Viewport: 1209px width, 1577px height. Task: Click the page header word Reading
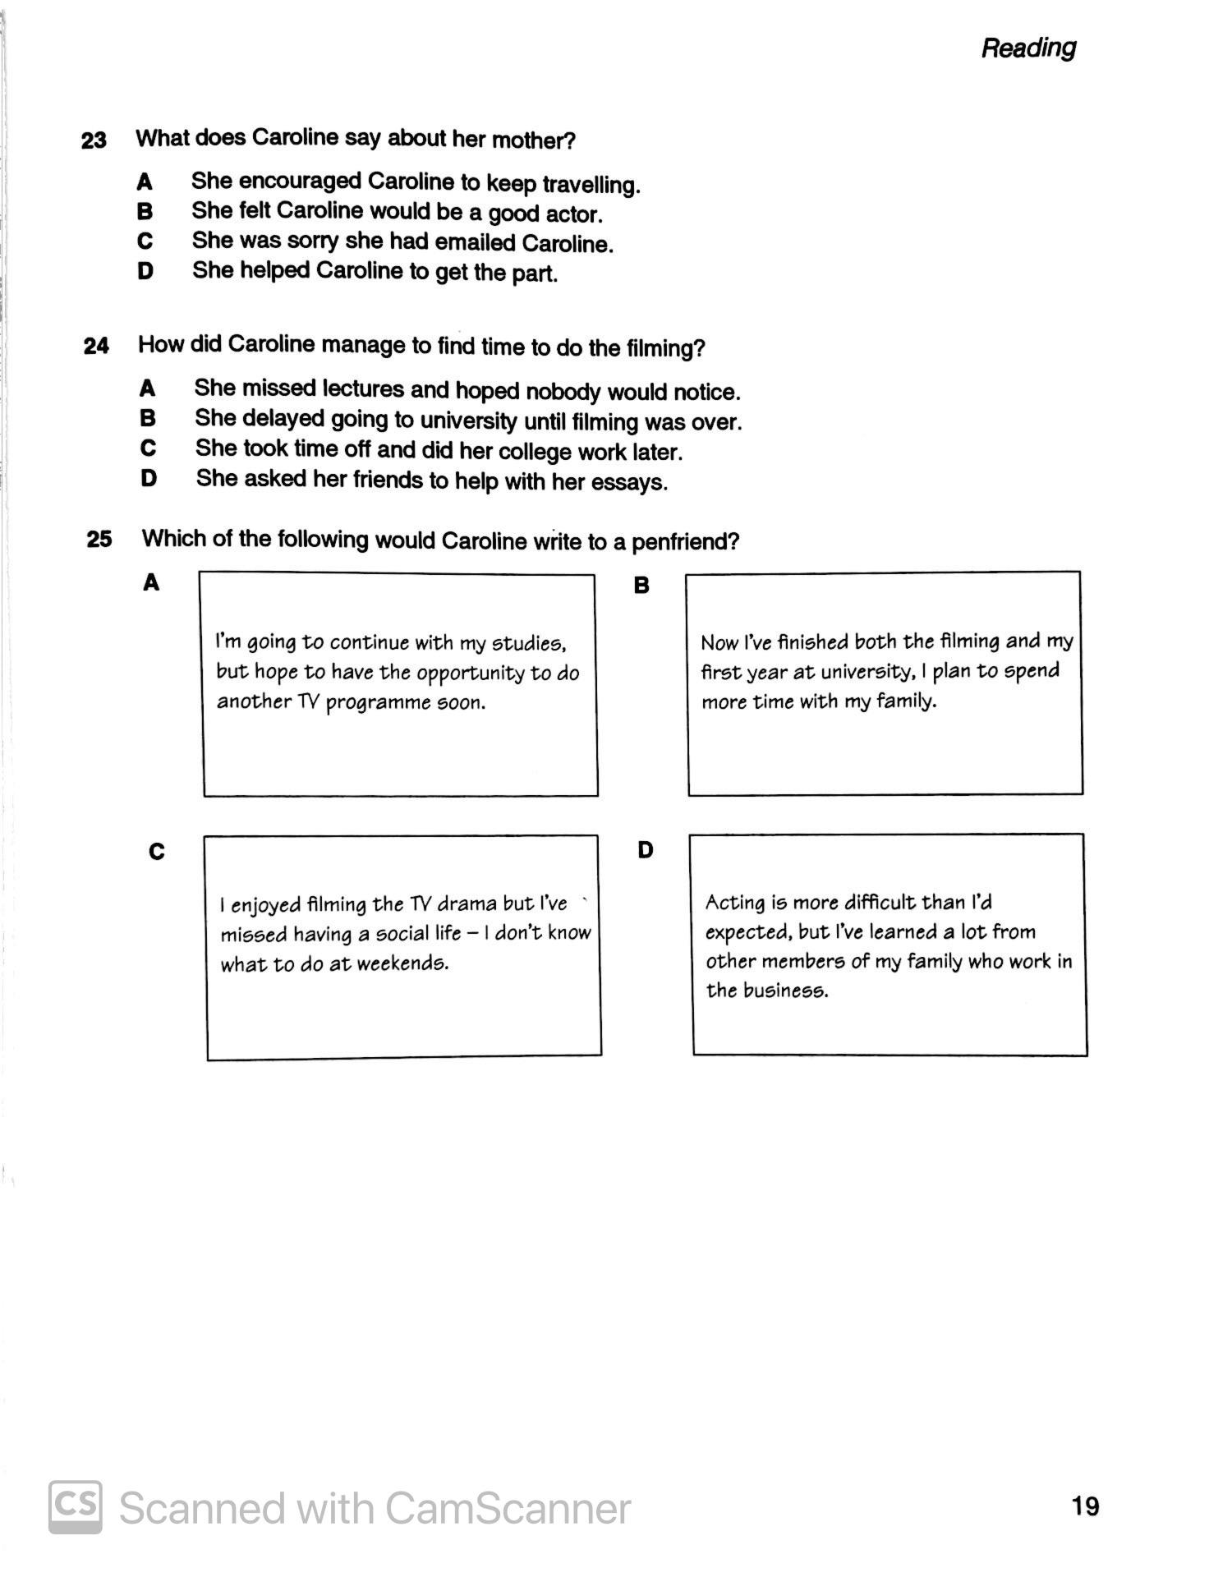pos(1028,48)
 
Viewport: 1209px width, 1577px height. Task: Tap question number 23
pos(94,140)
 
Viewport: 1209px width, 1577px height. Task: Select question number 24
pos(96,346)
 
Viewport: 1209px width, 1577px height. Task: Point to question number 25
pos(99,540)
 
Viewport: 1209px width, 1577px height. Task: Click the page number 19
pos(1085,1506)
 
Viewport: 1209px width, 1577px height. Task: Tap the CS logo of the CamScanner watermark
pos(76,1506)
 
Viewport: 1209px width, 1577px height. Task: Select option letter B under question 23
pos(145,211)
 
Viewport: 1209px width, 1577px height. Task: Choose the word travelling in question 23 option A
pos(591,184)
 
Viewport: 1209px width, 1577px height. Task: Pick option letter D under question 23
pos(145,271)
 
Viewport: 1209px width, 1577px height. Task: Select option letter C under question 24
pos(148,448)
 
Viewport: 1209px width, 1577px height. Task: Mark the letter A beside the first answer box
pos(151,583)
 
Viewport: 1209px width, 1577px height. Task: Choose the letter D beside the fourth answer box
pos(646,850)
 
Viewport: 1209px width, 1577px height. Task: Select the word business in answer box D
pos(785,991)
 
